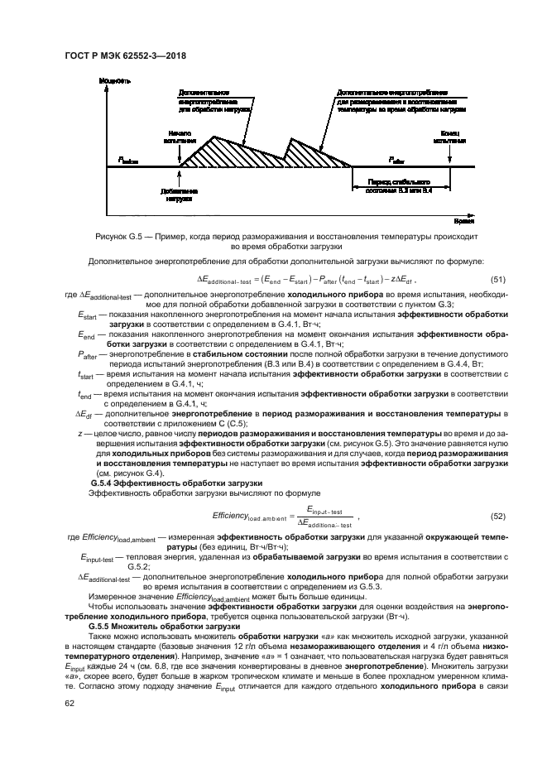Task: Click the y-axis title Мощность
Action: click(x=115, y=80)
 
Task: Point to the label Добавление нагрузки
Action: click(x=178, y=195)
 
